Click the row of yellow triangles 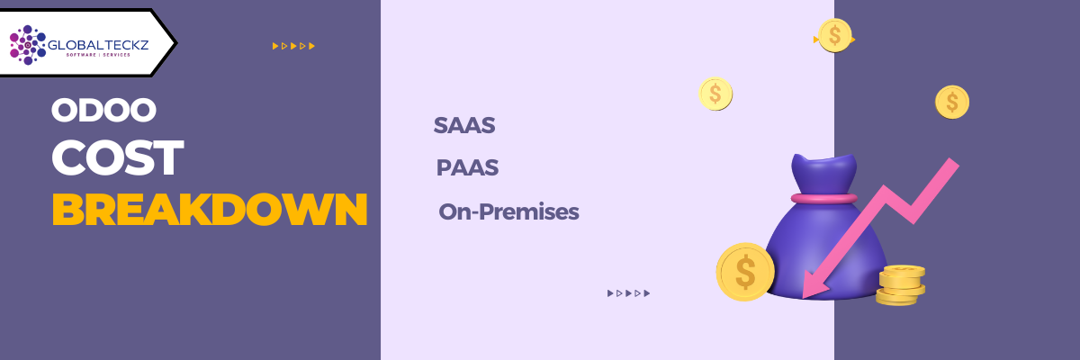[x=293, y=45]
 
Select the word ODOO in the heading [x=104, y=111]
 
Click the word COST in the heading [x=117, y=158]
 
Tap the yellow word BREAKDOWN [x=210, y=210]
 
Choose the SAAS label [x=464, y=126]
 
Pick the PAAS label [x=467, y=168]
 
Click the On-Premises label [x=508, y=212]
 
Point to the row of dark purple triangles [x=628, y=292]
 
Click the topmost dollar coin [x=834, y=35]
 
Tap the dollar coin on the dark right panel [x=951, y=102]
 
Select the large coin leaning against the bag [x=745, y=272]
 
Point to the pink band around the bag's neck [x=823, y=198]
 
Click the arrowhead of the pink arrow [x=813, y=284]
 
